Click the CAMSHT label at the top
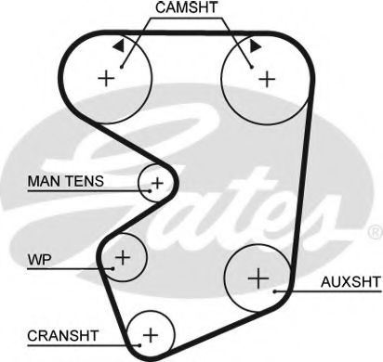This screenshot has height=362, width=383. (186, 9)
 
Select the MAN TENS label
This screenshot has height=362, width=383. (65, 182)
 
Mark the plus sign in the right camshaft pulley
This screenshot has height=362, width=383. (267, 78)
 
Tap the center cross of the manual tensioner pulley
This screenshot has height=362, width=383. (157, 182)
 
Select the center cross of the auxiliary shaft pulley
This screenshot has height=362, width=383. (258, 277)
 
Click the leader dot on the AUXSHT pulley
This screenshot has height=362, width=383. (277, 291)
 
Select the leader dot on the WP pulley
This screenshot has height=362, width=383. (112, 266)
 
